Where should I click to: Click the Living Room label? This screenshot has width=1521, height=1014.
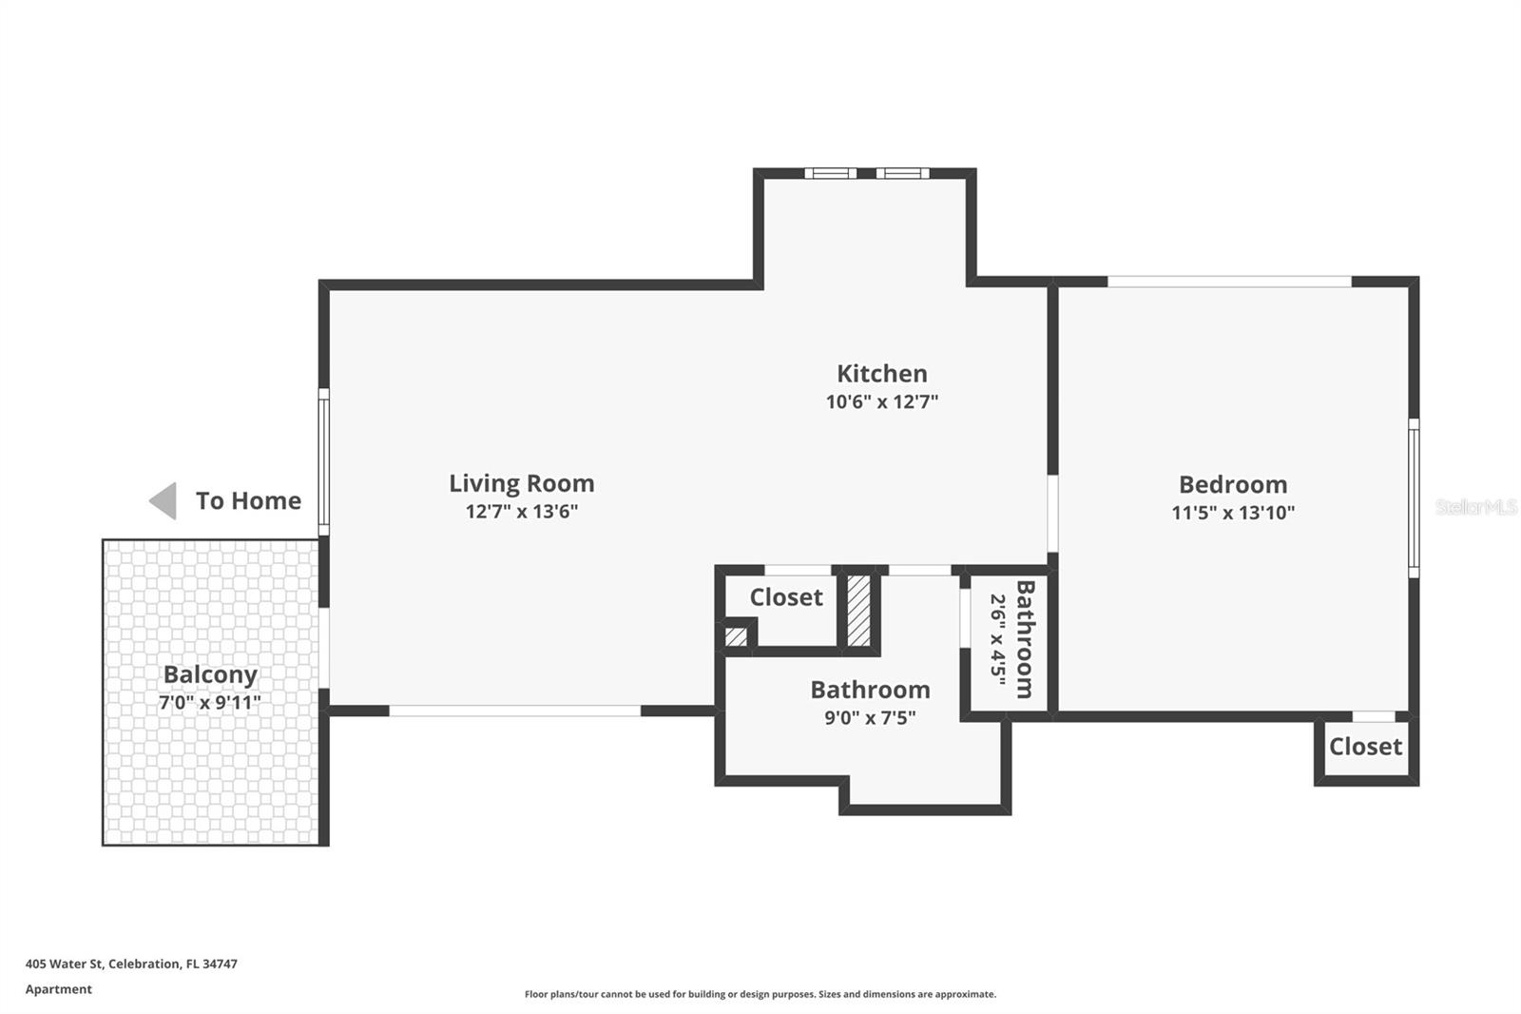[x=521, y=483]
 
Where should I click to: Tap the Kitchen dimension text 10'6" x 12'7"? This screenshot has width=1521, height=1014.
[x=881, y=401]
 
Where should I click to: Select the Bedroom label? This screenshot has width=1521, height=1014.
[x=1232, y=484]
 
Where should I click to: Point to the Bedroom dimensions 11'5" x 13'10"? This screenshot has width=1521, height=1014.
[x=1232, y=513]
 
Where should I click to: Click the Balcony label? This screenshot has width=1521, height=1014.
[x=210, y=674]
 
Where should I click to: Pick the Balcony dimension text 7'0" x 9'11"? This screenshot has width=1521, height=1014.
[x=210, y=703]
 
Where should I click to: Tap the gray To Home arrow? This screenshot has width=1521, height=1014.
[x=164, y=500]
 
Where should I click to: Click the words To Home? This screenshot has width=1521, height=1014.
[x=248, y=500]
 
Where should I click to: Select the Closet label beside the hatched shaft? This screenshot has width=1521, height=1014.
[x=785, y=597]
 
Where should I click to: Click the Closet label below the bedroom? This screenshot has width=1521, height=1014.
[x=1365, y=747]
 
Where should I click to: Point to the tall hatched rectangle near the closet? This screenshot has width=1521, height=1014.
[x=858, y=611]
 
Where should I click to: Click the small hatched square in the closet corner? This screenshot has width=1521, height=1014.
[x=736, y=636]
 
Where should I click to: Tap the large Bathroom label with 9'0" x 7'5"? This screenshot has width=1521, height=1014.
[x=869, y=690]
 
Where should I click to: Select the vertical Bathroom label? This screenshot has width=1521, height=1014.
[x=1025, y=639]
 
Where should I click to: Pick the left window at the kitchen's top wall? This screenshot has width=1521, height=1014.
[x=830, y=173]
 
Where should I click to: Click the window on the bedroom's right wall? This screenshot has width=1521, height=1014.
[x=1413, y=497]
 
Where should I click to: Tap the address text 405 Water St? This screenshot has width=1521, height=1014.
[x=131, y=964]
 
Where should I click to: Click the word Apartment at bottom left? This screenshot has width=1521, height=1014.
[x=59, y=989]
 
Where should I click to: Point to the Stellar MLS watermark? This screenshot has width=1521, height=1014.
[x=1475, y=507]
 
